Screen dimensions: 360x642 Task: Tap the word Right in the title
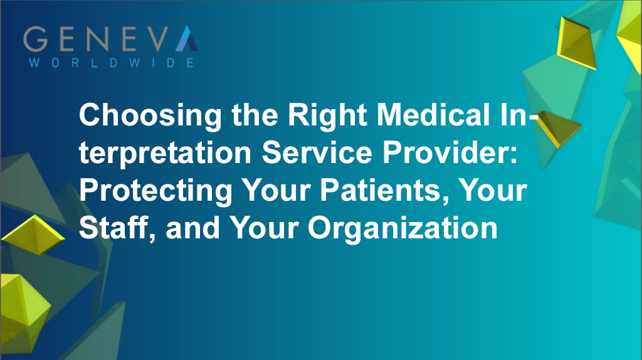tap(319, 117)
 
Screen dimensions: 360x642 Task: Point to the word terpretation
tap(165, 155)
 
